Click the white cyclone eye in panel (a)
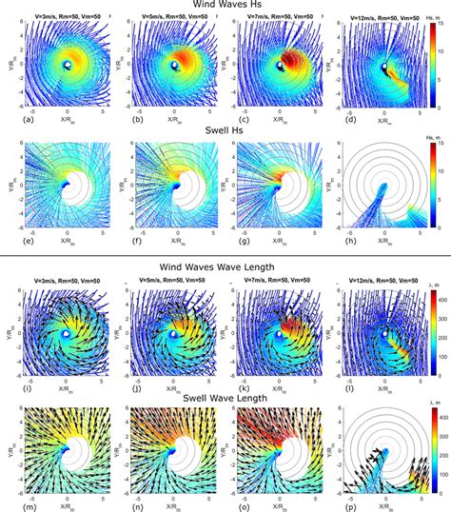click(x=68, y=65)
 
